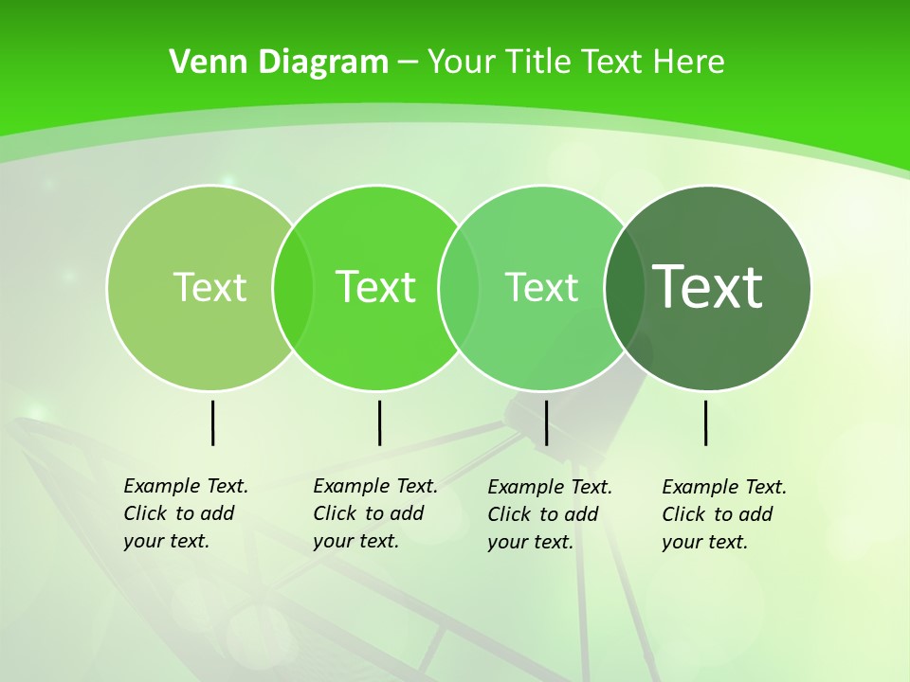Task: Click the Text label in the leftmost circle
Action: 209,287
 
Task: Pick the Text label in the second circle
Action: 375,287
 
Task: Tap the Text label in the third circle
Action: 541,287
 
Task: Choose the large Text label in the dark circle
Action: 707,287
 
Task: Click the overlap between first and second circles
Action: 293,287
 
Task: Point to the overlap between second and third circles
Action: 459,287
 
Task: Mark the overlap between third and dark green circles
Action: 625,287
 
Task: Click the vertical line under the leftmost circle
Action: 212,422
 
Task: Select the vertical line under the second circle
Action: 379,422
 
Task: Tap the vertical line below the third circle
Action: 546,422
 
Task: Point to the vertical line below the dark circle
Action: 705,422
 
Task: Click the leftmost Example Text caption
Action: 185,513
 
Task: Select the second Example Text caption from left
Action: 374,513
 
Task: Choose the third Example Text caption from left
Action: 549,514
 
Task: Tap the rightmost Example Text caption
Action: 723,514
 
